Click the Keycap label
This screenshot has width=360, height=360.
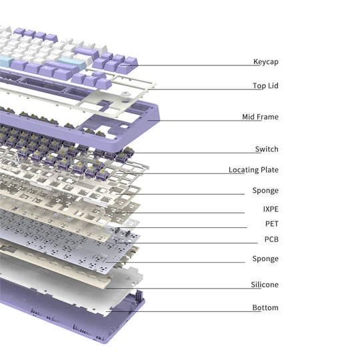tap(266, 62)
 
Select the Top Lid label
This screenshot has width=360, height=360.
tap(265, 85)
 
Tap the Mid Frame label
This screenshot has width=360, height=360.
tap(261, 117)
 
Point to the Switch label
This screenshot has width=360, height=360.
tap(267, 149)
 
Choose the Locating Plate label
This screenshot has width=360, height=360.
tap(253, 170)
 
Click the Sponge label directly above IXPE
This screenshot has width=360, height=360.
tap(265, 190)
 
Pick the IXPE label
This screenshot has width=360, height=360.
tap(271, 209)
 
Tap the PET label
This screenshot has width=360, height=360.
tap(272, 223)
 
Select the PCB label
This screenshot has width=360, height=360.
tap(271, 239)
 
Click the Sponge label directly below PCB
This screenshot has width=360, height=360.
tap(265, 259)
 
